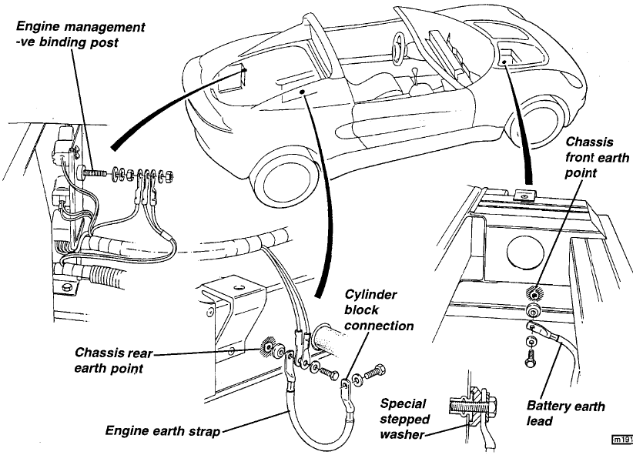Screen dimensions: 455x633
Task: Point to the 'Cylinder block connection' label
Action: point(378,309)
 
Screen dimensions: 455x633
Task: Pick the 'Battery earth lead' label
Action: point(565,414)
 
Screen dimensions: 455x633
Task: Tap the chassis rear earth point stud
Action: point(272,351)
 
